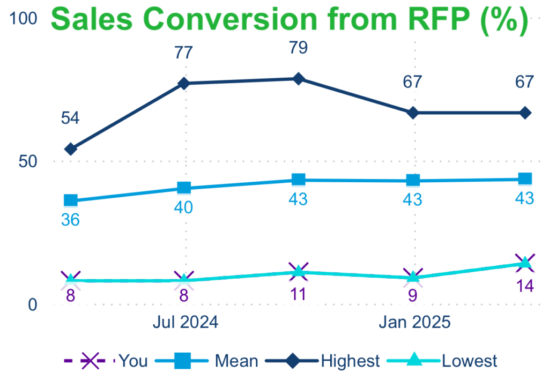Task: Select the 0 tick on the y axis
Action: click(x=32, y=304)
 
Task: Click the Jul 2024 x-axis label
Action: click(x=185, y=323)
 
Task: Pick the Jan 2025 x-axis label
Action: click(x=414, y=323)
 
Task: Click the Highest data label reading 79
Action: click(x=298, y=48)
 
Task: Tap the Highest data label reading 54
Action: click(x=70, y=118)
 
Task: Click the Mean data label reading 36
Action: click(x=70, y=220)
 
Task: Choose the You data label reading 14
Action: click(x=525, y=286)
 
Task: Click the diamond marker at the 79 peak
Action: click(x=298, y=79)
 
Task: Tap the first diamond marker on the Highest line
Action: click(x=70, y=149)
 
